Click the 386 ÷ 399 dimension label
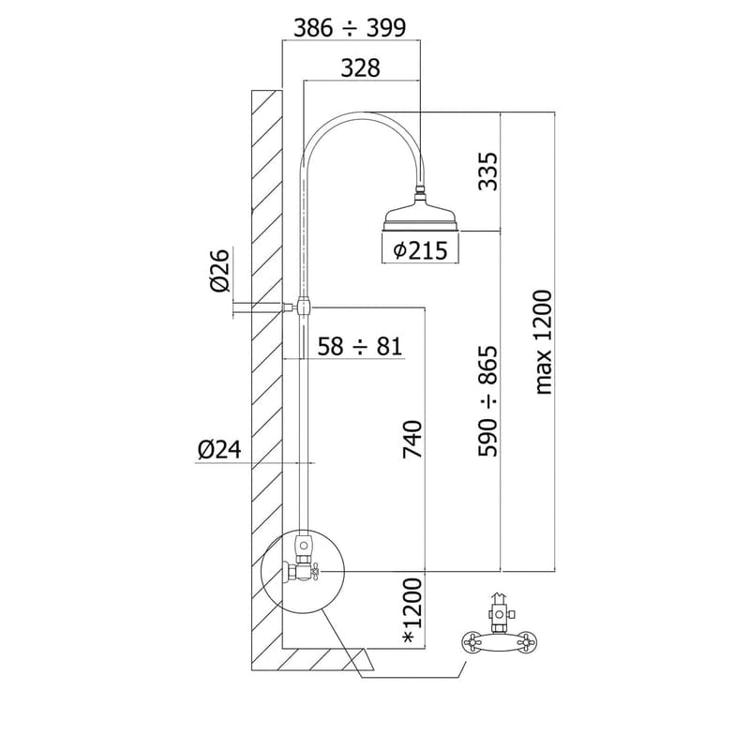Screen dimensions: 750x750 [350, 28]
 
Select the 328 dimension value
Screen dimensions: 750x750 [360, 67]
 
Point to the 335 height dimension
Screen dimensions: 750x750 [488, 172]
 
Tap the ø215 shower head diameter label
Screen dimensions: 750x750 [420, 250]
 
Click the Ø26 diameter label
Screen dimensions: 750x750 [220, 270]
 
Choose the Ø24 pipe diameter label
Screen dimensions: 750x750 [219, 450]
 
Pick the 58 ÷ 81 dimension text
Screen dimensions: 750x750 [360, 346]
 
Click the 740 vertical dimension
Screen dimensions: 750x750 [412, 439]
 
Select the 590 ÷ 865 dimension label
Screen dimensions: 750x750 [488, 401]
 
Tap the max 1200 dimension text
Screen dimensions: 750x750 [544, 342]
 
